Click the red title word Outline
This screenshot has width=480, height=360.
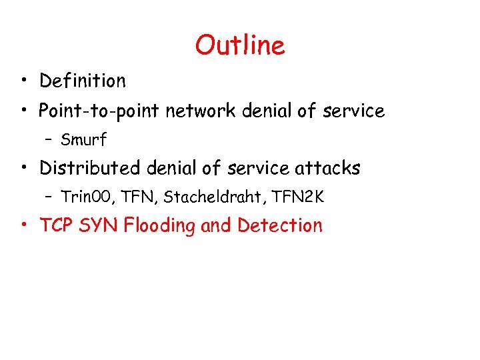[x=240, y=45]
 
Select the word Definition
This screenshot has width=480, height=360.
[x=82, y=81]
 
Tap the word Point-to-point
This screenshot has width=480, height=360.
[x=99, y=111]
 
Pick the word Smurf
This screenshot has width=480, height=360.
[x=83, y=140]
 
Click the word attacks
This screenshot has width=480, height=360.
[x=327, y=168]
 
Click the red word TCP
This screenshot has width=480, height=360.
[x=56, y=225]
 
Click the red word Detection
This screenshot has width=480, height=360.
[x=279, y=225]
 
